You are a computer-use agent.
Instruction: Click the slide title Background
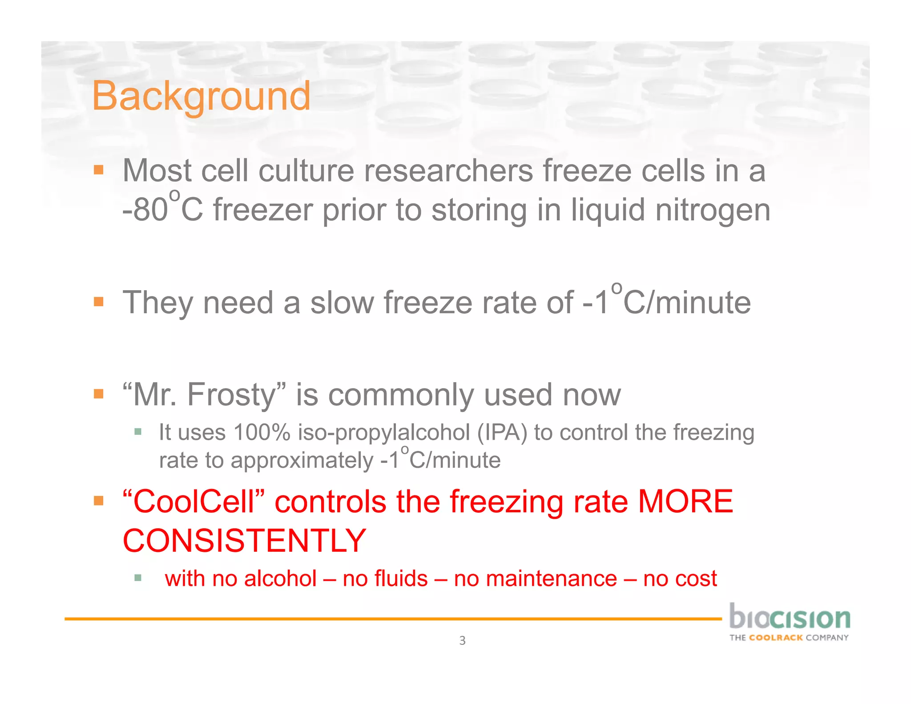(201, 97)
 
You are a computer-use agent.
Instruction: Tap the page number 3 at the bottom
(462, 640)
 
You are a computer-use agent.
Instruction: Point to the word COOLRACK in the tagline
(776, 638)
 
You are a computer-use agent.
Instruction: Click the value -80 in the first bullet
(145, 210)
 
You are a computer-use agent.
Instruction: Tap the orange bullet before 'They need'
(99, 302)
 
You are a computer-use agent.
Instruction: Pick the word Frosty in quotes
(231, 395)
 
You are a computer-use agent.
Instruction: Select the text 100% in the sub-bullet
(262, 433)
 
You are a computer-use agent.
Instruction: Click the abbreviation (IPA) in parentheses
(502, 433)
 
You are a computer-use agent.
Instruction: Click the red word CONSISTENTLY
(244, 541)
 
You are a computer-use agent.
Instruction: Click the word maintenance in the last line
(536, 579)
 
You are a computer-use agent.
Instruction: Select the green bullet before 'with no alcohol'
(138, 578)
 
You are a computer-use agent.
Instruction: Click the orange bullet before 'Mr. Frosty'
(99, 394)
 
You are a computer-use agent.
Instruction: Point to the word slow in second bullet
(342, 303)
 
